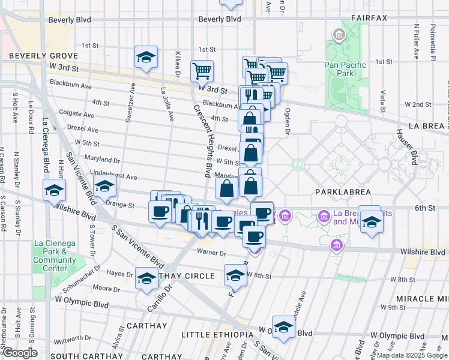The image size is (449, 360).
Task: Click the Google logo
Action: [x=20, y=353]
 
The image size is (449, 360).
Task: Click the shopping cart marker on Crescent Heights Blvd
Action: [x=202, y=71]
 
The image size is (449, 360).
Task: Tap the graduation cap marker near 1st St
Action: [x=146, y=57]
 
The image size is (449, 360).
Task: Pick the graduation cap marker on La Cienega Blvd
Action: [x=54, y=190]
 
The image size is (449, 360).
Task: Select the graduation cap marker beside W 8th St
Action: [x=235, y=275]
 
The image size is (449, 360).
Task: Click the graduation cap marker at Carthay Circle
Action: [x=146, y=278]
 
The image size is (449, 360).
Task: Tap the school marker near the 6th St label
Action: [x=372, y=221]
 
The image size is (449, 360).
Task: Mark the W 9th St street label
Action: [x=393, y=307]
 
